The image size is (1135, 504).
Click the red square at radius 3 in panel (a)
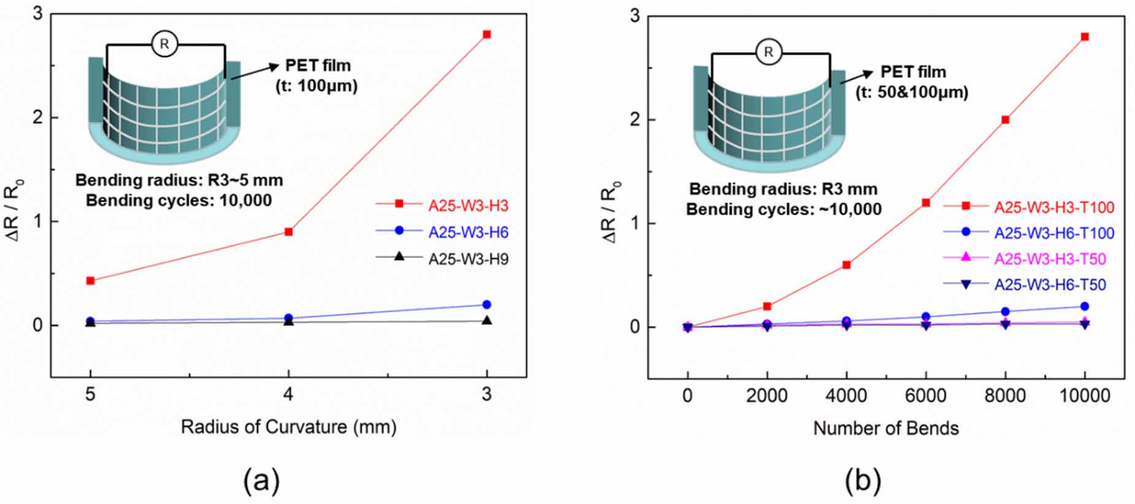(487, 34)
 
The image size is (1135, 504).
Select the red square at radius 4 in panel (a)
(288, 232)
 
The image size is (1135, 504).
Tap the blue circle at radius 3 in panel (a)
(487, 304)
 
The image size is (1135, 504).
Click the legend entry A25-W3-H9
(468, 259)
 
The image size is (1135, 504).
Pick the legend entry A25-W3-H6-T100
(1053, 233)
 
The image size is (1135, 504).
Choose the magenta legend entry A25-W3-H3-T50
(1050, 259)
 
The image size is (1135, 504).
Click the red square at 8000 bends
(1005, 120)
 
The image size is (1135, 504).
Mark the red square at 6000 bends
(926, 202)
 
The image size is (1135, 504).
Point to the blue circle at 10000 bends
(1085, 306)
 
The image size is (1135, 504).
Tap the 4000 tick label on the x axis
(846, 395)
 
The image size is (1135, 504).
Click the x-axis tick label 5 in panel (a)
(90, 394)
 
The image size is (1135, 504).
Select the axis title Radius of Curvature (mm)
(288, 427)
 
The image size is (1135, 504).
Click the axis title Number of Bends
(885, 428)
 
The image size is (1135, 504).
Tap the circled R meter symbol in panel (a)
(164, 44)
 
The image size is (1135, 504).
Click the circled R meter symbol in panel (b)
(768, 52)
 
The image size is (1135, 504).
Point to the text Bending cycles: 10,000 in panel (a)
(179, 200)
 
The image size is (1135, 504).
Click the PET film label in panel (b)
(913, 72)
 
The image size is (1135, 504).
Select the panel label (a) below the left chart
(261, 481)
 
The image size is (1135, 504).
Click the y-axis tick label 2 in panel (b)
(634, 120)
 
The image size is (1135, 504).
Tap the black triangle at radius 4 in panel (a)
(288, 320)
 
